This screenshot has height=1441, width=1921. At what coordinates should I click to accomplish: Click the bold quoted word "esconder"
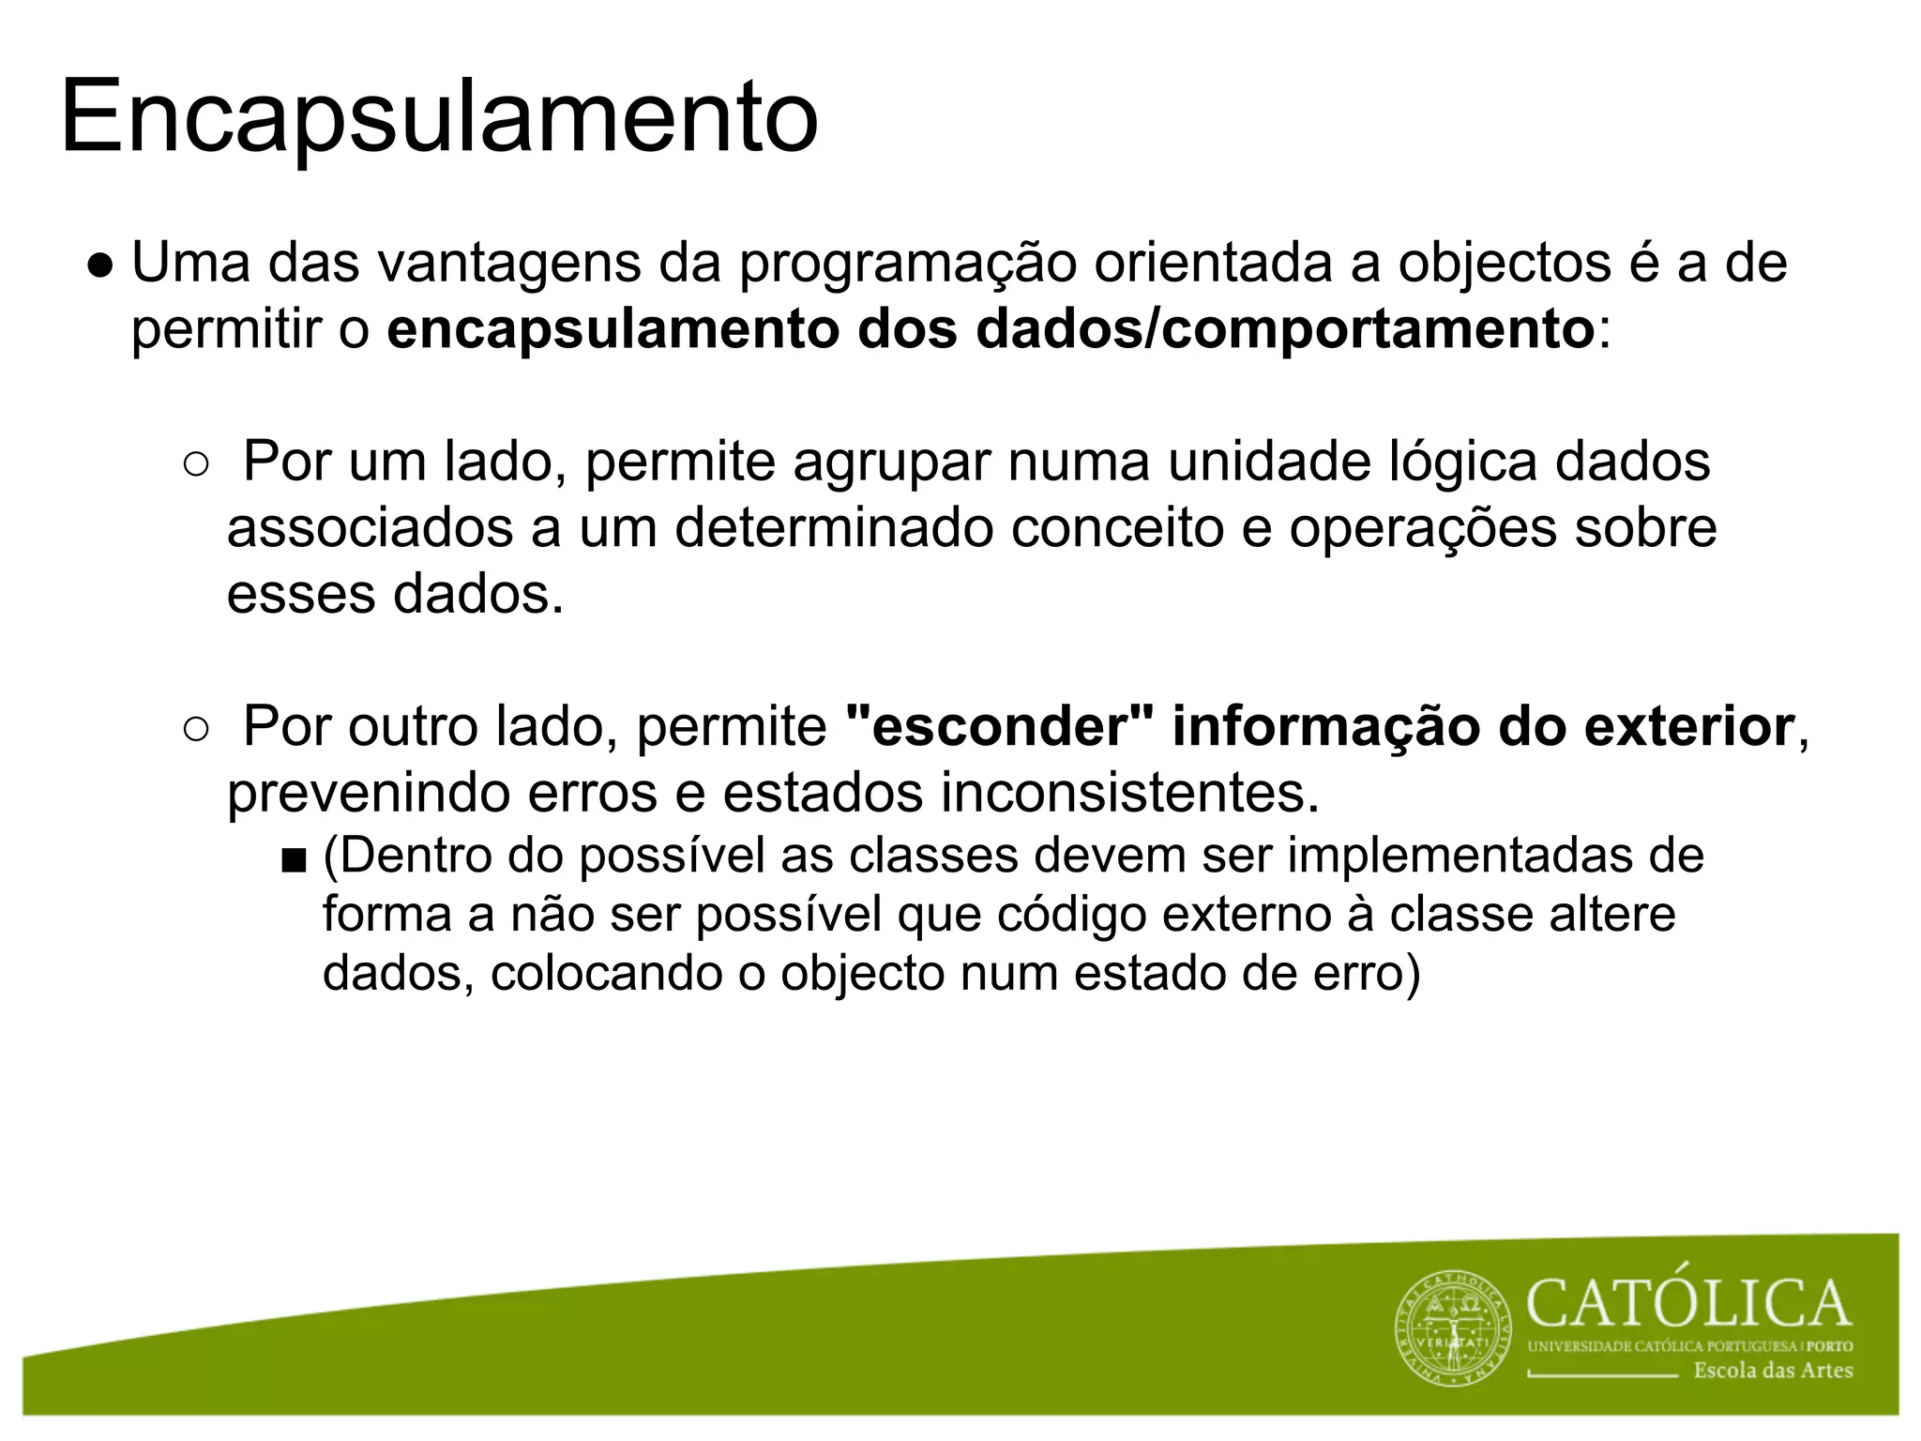pos(1000,727)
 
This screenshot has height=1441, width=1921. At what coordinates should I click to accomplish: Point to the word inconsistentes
pos(1130,793)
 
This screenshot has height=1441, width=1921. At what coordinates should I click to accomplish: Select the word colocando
pos(606,974)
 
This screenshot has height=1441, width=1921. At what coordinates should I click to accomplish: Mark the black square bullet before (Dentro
pos(293,860)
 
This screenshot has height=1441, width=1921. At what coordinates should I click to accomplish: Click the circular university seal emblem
pos(1454,1328)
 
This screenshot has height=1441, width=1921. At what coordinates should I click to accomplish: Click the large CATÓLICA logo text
pos(1689,1304)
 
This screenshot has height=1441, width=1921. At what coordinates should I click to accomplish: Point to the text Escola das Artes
pos(1773,1371)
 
